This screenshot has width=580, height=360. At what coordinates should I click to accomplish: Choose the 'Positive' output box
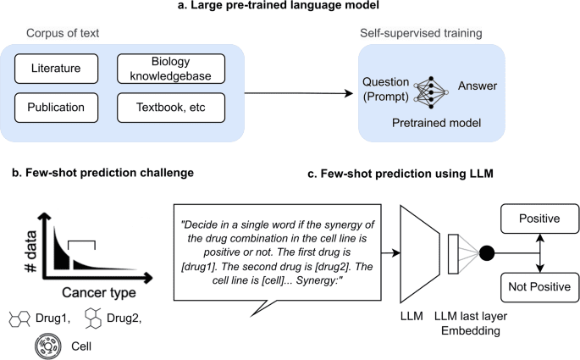click(x=539, y=219)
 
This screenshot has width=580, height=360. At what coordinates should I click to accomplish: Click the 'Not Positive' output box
click(x=539, y=285)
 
